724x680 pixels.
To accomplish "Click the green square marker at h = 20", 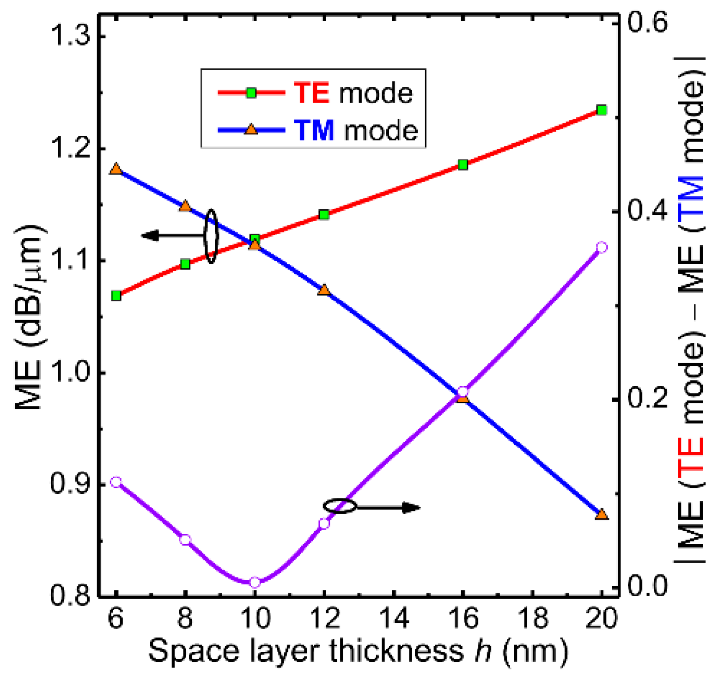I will point(602,110).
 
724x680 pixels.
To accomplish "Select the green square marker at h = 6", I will point(116,296).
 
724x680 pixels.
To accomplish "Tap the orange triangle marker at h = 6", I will point(116,169).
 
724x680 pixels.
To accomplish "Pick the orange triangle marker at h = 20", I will point(602,514).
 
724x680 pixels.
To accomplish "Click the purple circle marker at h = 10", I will point(255,583).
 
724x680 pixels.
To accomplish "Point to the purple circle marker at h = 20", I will point(602,247).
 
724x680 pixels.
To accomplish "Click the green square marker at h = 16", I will point(463,165).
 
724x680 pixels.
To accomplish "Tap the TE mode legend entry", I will point(315,93).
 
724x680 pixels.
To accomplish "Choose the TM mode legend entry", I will point(318,130).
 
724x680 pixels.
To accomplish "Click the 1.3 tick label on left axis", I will point(69,37).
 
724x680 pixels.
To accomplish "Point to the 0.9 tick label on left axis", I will point(69,484).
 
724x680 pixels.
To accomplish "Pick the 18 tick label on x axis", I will point(532,618).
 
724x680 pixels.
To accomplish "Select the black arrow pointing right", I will point(388,508).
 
